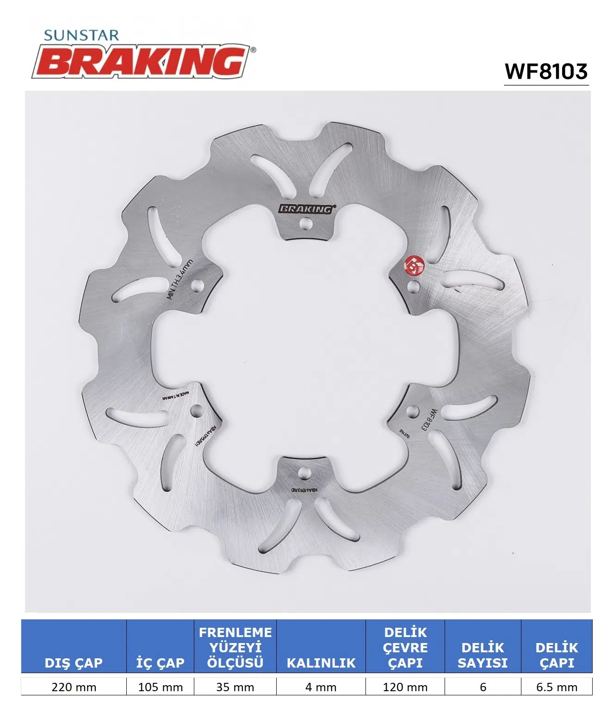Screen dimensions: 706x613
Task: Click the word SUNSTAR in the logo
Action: point(81,35)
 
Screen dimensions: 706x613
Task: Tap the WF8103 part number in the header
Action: point(546,71)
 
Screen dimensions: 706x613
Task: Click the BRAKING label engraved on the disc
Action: point(305,209)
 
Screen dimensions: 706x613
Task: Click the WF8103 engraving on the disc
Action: point(428,419)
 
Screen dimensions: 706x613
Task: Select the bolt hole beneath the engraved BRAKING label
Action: point(304,225)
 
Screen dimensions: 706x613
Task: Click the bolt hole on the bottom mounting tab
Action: point(304,473)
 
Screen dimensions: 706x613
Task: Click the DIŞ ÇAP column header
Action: point(74,662)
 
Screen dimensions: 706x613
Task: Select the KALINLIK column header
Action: point(321,662)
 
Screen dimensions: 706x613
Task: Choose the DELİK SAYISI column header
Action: point(483,655)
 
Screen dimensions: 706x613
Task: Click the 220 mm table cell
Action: point(74,687)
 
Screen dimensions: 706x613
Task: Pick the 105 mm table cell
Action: point(160,687)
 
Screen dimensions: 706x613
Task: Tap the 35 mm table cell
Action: point(235,687)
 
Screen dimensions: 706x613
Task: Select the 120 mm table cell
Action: point(405,687)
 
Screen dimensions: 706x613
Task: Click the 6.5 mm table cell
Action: point(557,687)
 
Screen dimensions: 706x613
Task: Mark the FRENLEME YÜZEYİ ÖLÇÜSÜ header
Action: point(235,647)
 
